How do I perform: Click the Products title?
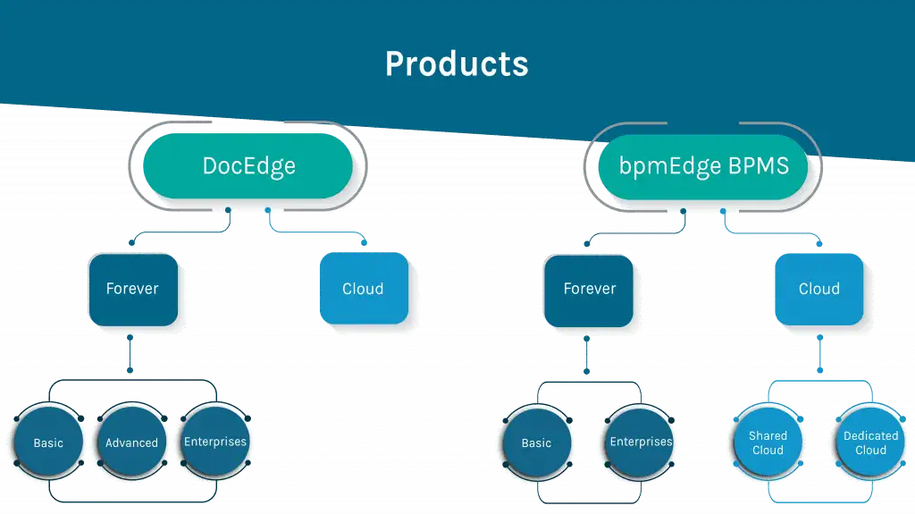pyautogui.click(x=457, y=63)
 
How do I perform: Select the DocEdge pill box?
pyautogui.click(x=248, y=166)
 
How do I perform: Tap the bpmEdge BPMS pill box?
pyautogui.click(x=703, y=167)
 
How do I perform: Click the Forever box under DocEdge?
pyautogui.click(x=133, y=290)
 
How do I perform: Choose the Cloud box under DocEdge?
pyautogui.click(x=364, y=289)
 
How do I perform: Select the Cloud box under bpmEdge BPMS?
pyautogui.click(x=818, y=289)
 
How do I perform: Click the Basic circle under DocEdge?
pyautogui.click(x=48, y=442)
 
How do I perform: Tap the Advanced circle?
pyautogui.click(x=132, y=442)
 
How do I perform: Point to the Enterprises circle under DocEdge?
pyautogui.click(x=215, y=442)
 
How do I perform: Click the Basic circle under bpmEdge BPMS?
pyautogui.click(x=537, y=442)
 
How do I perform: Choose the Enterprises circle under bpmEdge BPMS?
pyautogui.click(x=640, y=442)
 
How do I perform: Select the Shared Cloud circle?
pyautogui.click(x=768, y=442)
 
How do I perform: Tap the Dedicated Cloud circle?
pyautogui.click(x=870, y=442)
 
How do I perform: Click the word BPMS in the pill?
pyautogui.click(x=759, y=166)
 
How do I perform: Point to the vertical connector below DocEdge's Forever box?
pyautogui.click(x=130, y=354)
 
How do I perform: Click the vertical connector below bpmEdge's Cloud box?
pyautogui.click(x=820, y=354)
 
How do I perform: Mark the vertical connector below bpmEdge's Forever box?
pyautogui.click(x=586, y=355)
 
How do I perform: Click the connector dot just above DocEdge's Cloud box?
pyautogui.click(x=365, y=242)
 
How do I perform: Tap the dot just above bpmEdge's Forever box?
pyautogui.click(x=587, y=243)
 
